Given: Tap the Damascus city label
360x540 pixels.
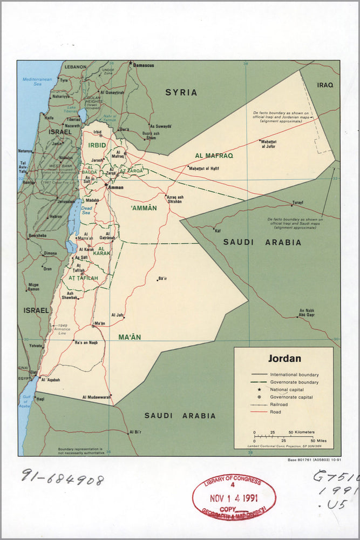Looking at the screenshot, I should pos(144,65).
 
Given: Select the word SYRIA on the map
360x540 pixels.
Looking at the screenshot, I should pos(181,92).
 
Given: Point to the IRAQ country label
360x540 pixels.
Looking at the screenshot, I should pos(325,85).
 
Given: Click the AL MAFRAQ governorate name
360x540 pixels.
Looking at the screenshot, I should pos(214,156).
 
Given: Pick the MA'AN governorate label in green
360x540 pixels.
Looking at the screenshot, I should pos(130,337).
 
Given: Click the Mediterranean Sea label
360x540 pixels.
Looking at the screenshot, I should pos(37,82).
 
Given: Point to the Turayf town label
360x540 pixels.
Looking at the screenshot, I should pos(297,202).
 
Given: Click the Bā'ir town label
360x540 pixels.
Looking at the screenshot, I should pos(162,279).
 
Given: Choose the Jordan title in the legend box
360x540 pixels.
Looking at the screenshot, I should pos(284,359).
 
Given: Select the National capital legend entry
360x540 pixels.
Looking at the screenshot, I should pos(287,389).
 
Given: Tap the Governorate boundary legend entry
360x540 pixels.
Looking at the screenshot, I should pos(295,382).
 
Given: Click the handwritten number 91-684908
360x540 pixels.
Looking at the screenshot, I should pos(63,476).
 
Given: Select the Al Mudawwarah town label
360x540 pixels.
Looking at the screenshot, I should pos(97,397).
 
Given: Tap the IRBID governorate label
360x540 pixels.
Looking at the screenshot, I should pos(97,145).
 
